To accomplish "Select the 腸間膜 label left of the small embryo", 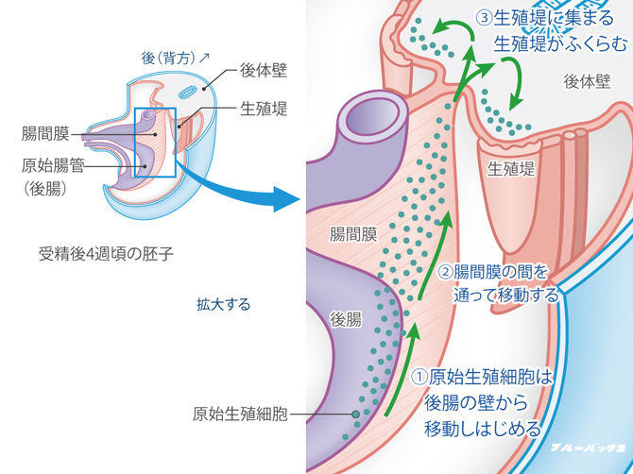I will pos(43,135).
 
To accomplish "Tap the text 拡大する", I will pos(223,304).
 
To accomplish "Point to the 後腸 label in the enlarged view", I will pos(346,319).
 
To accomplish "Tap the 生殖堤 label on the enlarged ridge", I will pos(511,170).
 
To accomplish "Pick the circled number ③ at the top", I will pos(484,17).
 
